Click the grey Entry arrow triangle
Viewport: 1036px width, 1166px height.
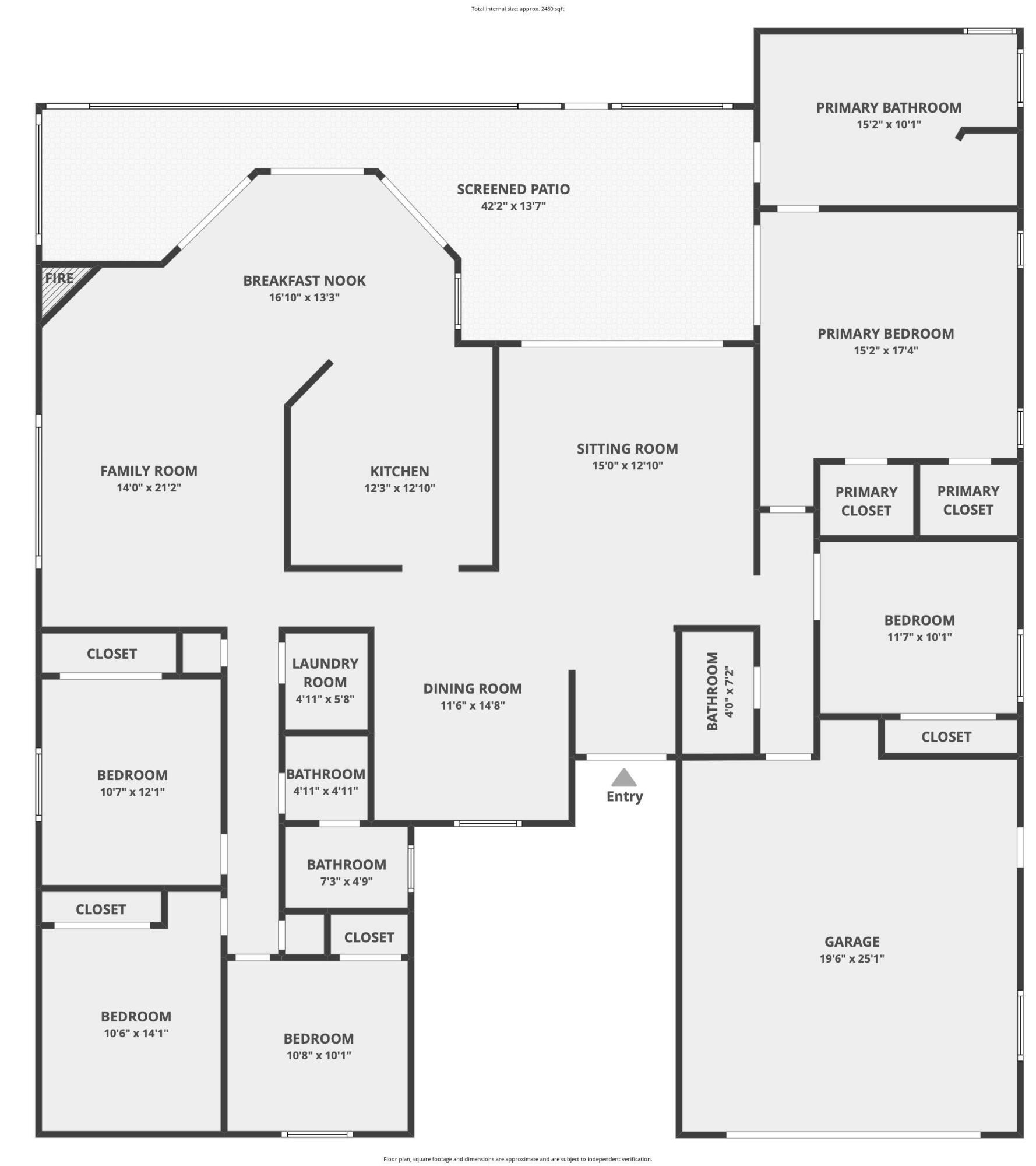tap(624, 777)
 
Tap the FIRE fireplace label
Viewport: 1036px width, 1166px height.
tap(59, 278)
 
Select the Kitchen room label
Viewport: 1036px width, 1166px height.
tap(400, 471)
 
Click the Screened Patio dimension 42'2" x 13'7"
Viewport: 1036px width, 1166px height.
tap(513, 206)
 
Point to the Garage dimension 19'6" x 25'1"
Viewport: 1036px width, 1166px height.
tap(852, 958)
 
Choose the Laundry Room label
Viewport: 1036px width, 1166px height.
tap(325, 673)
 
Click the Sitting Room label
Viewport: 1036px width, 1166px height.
tap(628, 449)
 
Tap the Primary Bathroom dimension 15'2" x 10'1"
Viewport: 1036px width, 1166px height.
tap(889, 124)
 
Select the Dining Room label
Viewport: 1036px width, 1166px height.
tap(473, 689)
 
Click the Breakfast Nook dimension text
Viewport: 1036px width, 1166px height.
tap(304, 297)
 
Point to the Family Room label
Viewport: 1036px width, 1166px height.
tap(149, 470)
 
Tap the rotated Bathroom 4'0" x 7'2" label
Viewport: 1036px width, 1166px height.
tap(720, 691)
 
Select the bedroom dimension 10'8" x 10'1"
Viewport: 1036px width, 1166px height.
tap(319, 1055)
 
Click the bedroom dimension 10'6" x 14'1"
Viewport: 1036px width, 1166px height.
tap(136, 1033)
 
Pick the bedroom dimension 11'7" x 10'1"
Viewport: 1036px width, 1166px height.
tap(919, 637)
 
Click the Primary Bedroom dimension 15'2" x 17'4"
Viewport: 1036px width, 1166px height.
tap(886, 350)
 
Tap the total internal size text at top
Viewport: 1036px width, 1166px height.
tap(517, 9)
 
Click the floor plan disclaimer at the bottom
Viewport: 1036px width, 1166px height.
tap(517, 1159)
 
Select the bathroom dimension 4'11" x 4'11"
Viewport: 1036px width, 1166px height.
tap(325, 791)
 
